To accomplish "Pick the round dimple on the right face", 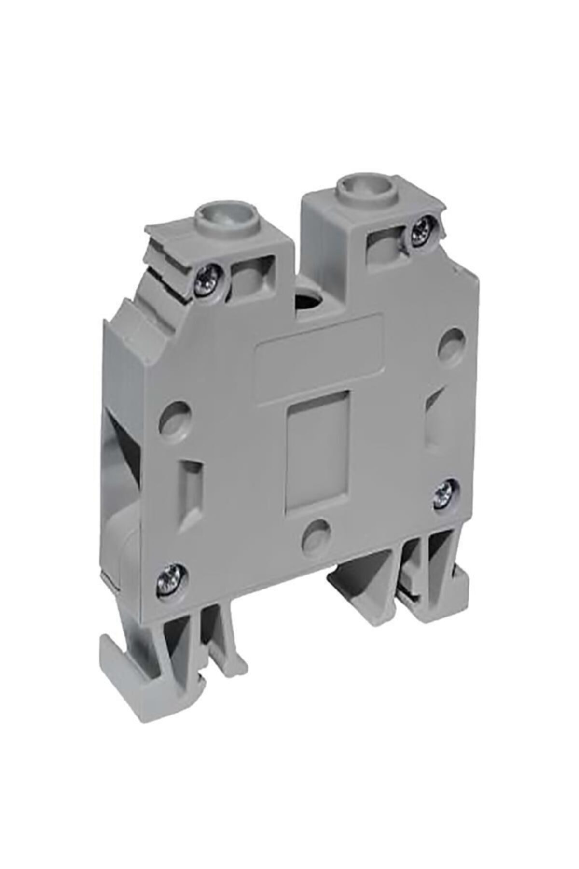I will pos(453,341).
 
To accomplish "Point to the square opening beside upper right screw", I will pos(385,245).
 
